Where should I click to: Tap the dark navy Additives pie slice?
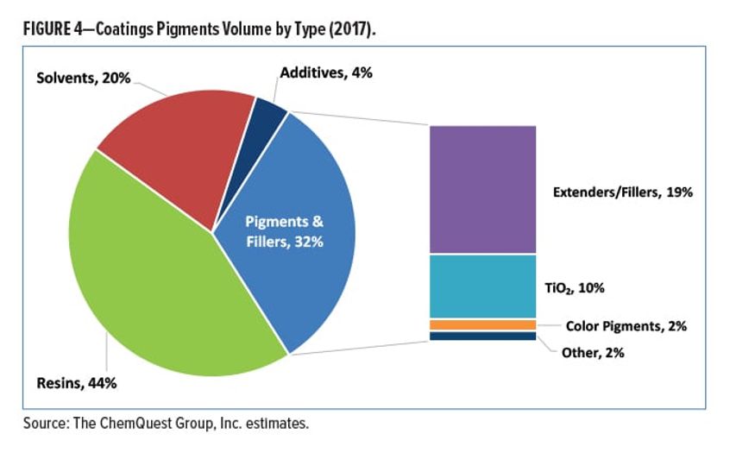click(x=269, y=118)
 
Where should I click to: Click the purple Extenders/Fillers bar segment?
click(x=482, y=189)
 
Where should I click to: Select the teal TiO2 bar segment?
click(x=482, y=286)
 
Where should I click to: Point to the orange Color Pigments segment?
click(x=482, y=324)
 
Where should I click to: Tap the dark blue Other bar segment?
click(x=482, y=337)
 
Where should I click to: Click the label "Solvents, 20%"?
click(x=83, y=78)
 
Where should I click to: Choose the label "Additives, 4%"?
click(x=324, y=73)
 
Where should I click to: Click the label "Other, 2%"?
click(x=591, y=352)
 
